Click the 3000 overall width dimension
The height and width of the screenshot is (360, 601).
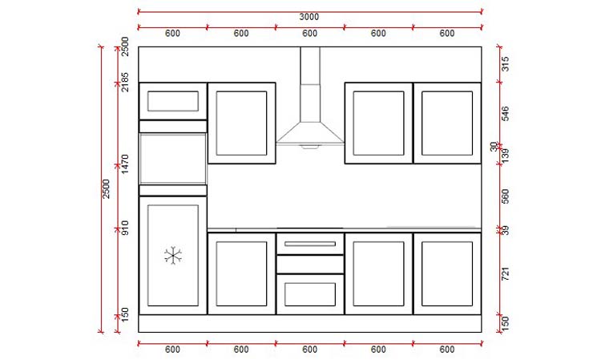309,17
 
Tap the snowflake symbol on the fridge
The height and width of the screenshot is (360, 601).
173,256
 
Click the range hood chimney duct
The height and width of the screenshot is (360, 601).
309,80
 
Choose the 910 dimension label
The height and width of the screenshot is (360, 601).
125,229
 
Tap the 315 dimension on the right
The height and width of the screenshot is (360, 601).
505,64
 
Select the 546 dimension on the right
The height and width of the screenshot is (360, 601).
505,114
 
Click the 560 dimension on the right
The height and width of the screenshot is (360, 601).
505,196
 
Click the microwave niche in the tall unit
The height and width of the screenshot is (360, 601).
172,159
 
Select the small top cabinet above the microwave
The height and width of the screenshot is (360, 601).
172,101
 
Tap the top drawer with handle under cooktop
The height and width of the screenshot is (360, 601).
309,243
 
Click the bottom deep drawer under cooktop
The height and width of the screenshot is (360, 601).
309,293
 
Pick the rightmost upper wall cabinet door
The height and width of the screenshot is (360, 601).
446,123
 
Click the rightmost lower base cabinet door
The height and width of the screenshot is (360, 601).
446,273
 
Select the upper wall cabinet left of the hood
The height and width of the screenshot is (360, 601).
241,123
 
